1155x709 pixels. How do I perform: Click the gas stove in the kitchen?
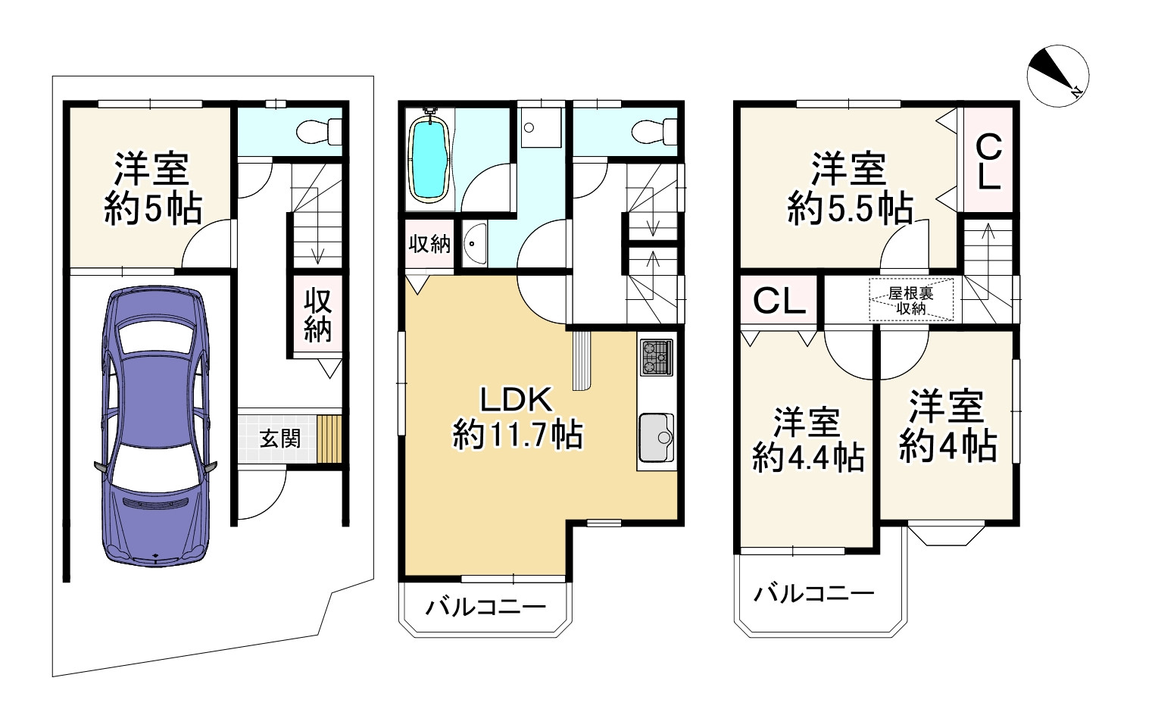point(656,358)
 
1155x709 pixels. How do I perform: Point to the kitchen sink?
point(656,438)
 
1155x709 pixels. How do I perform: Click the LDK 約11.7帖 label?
point(518,418)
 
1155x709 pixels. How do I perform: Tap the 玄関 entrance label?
point(279,439)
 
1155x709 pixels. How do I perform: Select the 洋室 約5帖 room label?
point(152,189)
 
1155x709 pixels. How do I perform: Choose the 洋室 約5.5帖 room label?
point(850,189)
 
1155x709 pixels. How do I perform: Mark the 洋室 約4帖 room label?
point(947,426)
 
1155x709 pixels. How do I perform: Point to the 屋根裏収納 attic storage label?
point(911,301)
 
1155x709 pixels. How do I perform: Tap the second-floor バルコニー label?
point(485,607)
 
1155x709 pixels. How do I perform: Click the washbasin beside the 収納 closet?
point(472,244)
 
